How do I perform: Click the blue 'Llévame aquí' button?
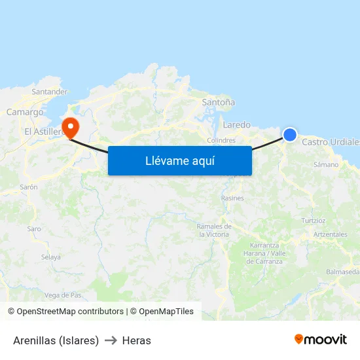tap(179, 161)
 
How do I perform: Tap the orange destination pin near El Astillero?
tap(70, 125)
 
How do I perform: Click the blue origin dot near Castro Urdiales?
tap(289, 135)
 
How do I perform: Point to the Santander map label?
tap(50, 92)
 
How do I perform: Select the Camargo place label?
tap(25, 112)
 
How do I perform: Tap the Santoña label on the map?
tap(219, 103)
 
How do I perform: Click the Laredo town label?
tap(236, 124)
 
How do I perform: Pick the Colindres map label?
tap(221, 140)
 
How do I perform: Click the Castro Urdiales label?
tap(331, 142)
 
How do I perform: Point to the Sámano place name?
tap(326, 164)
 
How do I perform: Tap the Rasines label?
tap(232, 198)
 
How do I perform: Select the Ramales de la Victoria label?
tap(213, 230)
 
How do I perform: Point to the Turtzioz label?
tap(314, 221)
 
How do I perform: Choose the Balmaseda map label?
tap(342, 272)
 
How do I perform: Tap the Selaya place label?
tap(50, 257)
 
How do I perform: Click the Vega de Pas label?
tap(63, 295)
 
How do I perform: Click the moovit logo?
tap(320, 340)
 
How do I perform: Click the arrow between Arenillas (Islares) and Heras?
tap(111, 340)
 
